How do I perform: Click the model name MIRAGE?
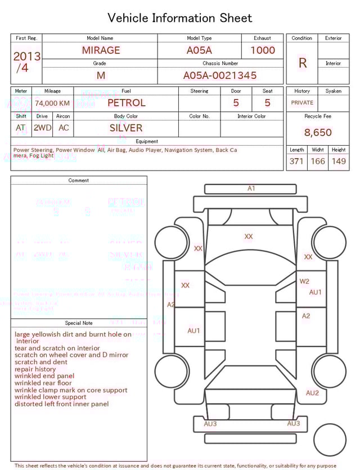pos(101,50)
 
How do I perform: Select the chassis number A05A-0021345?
pos(219,75)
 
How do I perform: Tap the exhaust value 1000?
pos(263,50)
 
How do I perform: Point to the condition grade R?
pos(302,63)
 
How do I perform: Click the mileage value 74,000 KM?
pos(52,103)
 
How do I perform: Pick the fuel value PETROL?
pos(126,103)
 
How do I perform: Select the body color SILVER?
pos(126,128)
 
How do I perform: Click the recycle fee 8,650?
pos(318,133)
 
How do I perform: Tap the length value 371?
pos(296,162)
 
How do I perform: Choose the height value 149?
pos(339,162)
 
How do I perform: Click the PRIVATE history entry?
pos(302,103)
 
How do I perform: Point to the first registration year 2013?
pos(26,56)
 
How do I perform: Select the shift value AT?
pos(21,128)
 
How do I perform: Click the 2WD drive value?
pos(42,128)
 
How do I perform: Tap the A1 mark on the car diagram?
pos(251,189)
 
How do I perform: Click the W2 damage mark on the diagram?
pos(304,281)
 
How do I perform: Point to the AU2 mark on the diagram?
pos(312,393)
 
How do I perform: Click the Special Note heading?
pos(79,323)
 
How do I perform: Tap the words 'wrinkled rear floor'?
pos(44,383)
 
